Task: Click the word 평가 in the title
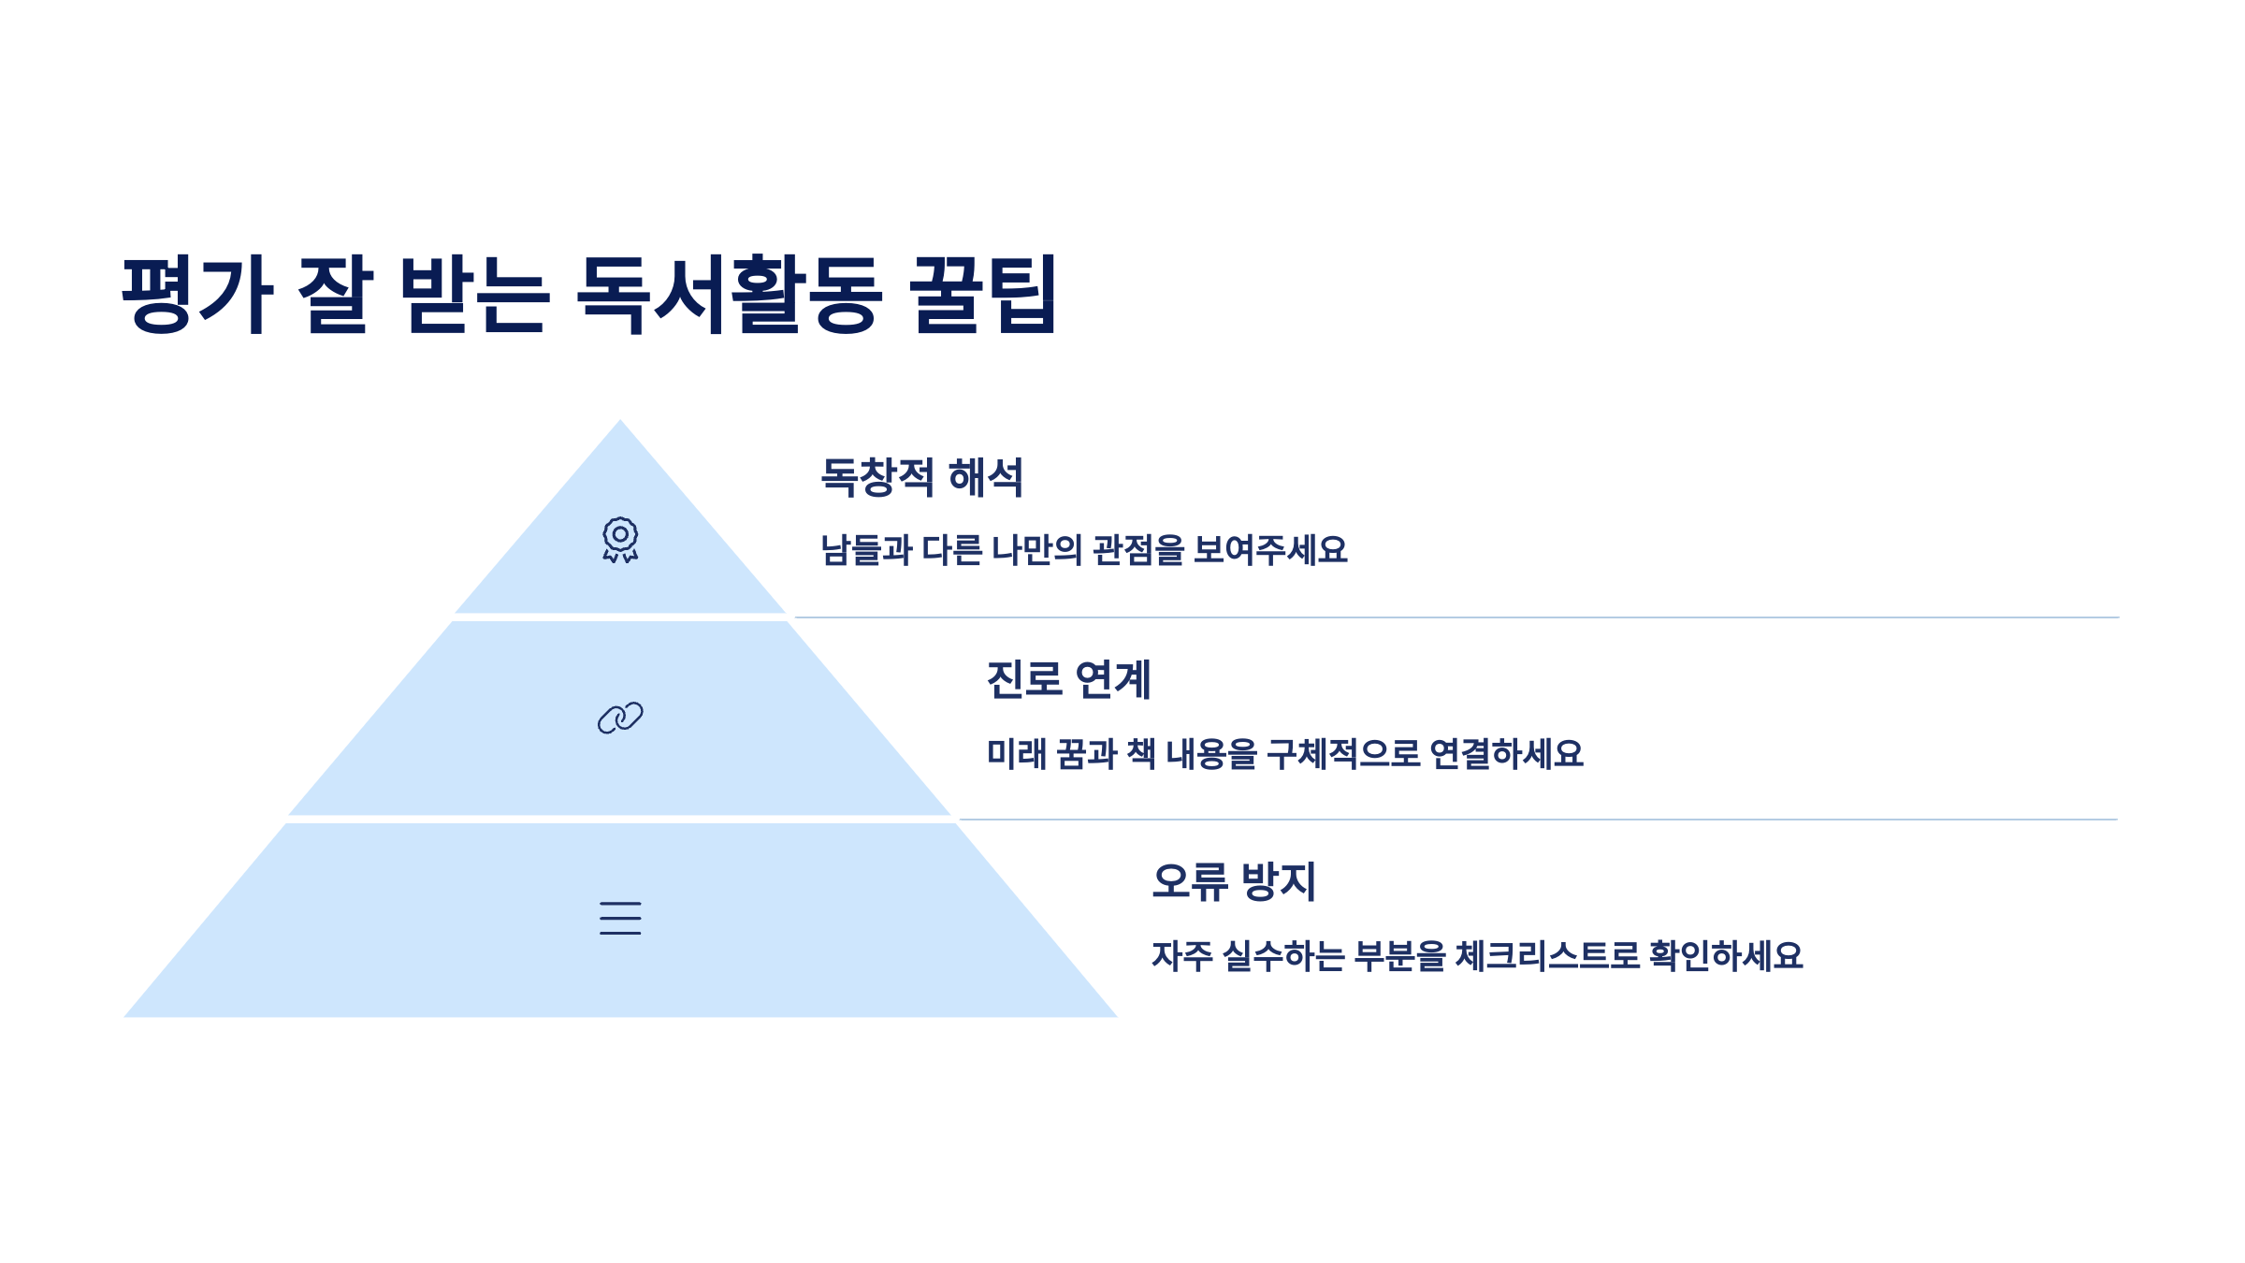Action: [197, 294]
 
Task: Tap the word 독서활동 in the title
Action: [730, 294]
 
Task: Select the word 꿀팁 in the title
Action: [983, 294]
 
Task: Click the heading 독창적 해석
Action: [921, 477]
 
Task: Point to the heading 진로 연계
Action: [1068, 679]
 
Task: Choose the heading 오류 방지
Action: [1234, 881]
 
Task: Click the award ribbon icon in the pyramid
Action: [620, 540]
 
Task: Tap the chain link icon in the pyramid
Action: [620, 718]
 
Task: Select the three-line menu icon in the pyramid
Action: [620, 918]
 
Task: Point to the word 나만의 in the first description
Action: [1036, 550]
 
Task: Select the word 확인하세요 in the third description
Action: [1726, 955]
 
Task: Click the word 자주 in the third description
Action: [1182, 955]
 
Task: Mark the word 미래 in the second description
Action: [1017, 753]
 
